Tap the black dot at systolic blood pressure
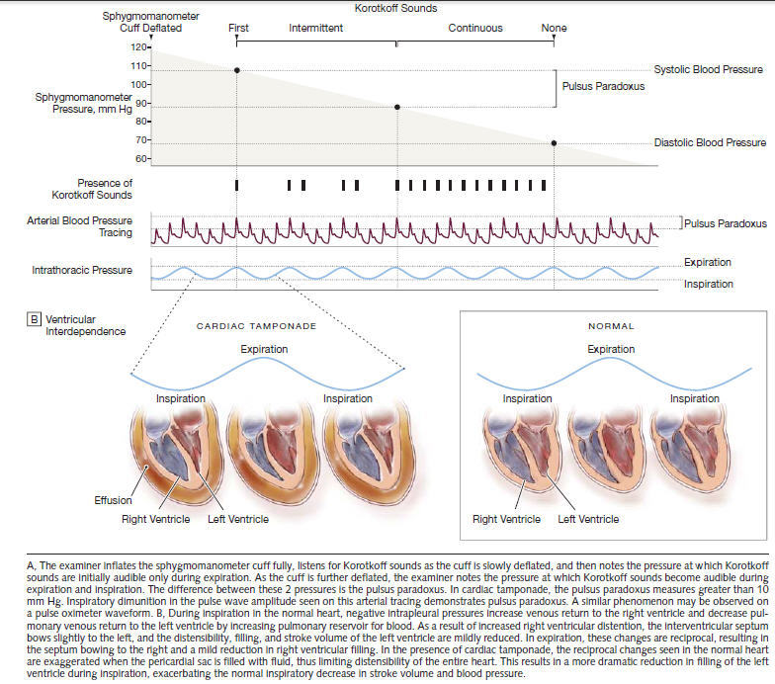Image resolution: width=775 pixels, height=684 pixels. coord(237,70)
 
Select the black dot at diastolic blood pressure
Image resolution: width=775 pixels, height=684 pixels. coord(554,143)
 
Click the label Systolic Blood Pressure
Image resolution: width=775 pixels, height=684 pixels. coord(708,70)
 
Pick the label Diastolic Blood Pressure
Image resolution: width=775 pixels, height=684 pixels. coord(710,143)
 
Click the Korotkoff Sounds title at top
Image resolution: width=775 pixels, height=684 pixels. coord(395,8)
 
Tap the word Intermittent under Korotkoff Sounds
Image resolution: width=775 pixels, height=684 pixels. coord(315,29)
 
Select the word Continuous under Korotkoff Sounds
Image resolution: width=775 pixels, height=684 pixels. coord(474,29)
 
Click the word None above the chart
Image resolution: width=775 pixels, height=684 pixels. coord(554,29)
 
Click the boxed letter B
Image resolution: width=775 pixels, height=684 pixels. coord(35,319)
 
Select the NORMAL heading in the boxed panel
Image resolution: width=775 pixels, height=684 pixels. coord(611,325)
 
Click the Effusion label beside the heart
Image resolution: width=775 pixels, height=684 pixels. coord(113,501)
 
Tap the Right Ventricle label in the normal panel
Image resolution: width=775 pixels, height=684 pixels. coord(506,519)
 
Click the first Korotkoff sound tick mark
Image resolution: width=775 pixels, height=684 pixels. coord(237,185)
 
